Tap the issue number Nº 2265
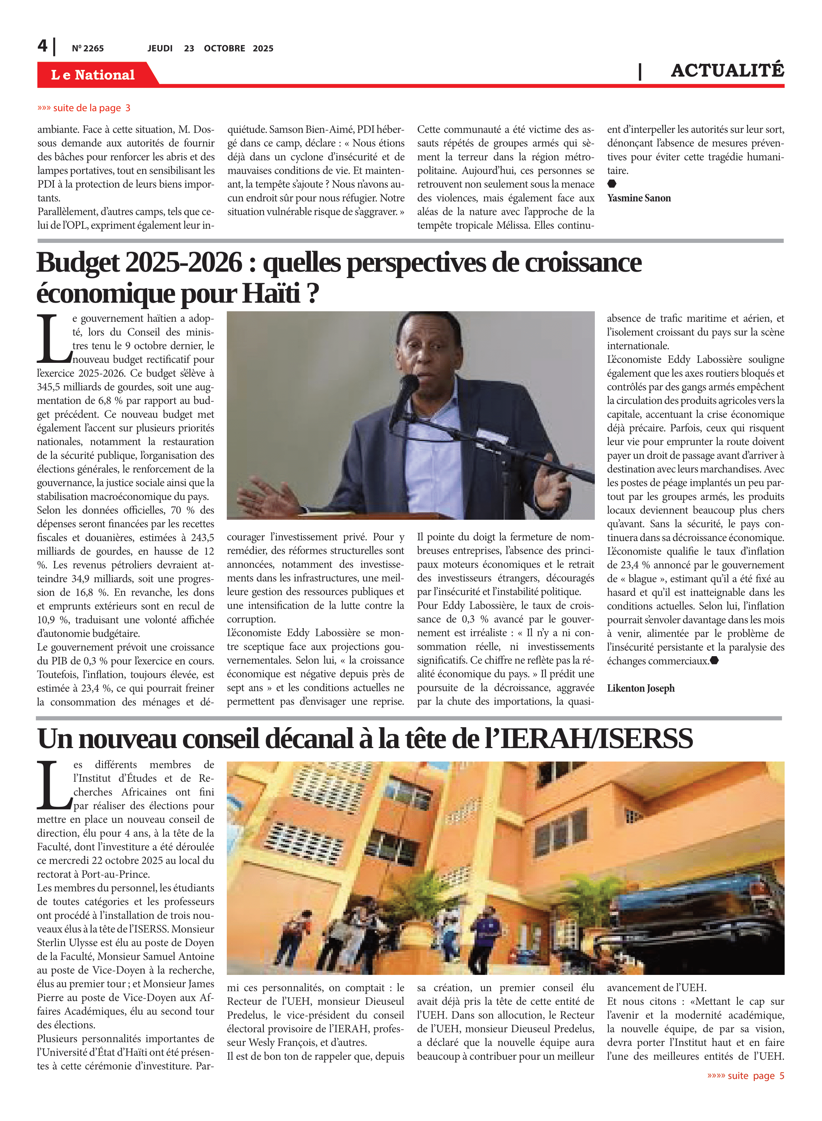(87, 48)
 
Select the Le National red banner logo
(93, 75)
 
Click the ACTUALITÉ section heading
(727, 71)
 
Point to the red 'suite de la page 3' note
(84, 108)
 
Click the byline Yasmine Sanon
(639, 198)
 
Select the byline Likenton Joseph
(640, 688)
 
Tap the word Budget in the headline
(77, 263)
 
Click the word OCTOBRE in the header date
(225, 48)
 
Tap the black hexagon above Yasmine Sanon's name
(612, 184)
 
